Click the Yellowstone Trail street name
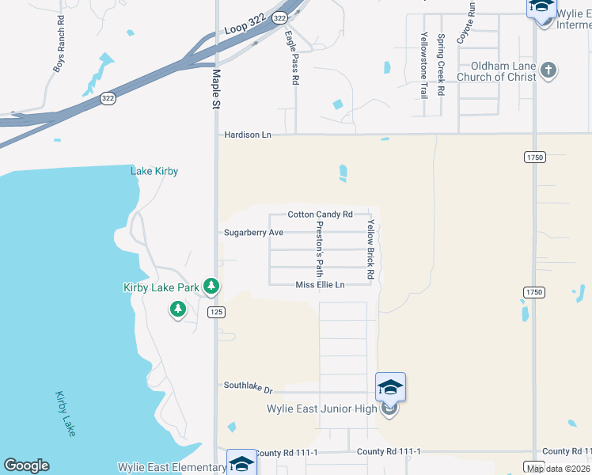[423, 64]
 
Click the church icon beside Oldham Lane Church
[548, 71]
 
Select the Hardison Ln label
[247, 135]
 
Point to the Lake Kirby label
[154, 171]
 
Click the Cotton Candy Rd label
[319, 215]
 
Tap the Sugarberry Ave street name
[253, 233]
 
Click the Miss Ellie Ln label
[321, 285]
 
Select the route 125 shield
[218, 312]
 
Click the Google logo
[26, 465]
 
